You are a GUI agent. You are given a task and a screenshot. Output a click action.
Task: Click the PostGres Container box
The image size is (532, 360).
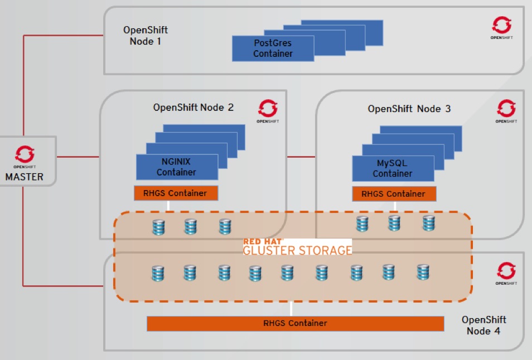coord(273,48)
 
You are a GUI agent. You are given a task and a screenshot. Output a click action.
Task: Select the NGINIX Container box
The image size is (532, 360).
coord(176,167)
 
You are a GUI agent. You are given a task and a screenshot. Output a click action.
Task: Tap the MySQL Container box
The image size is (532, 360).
coord(393,168)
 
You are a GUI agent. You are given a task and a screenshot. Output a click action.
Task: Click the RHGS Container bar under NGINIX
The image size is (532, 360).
coord(176,193)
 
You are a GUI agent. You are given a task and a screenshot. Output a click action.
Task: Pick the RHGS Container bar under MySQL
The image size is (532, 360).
coord(394,194)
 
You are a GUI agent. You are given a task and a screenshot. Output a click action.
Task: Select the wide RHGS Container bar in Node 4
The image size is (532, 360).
coord(295,323)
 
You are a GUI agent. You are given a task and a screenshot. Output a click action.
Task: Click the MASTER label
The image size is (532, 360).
coord(24,177)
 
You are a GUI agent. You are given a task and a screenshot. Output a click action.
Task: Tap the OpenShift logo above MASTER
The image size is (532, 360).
coord(25,155)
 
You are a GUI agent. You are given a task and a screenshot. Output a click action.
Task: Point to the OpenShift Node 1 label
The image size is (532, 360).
coord(146,36)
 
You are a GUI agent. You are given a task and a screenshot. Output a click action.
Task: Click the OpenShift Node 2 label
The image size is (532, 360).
coord(194,108)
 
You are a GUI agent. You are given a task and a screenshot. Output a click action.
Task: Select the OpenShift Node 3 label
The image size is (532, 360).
coord(409,109)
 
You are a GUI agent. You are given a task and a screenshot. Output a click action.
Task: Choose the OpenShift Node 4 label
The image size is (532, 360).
coord(483,325)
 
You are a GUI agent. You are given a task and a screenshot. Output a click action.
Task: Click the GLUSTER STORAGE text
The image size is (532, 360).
coord(297,250)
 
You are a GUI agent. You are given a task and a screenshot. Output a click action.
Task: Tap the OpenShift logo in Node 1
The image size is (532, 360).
coord(501,26)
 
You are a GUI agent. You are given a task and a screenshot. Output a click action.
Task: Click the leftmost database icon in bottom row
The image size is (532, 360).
coord(158,273)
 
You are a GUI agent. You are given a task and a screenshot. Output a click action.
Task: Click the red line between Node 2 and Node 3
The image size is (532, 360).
coord(301,157)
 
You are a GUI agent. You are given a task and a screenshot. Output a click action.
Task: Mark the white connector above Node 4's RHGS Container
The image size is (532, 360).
coord(291,309)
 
